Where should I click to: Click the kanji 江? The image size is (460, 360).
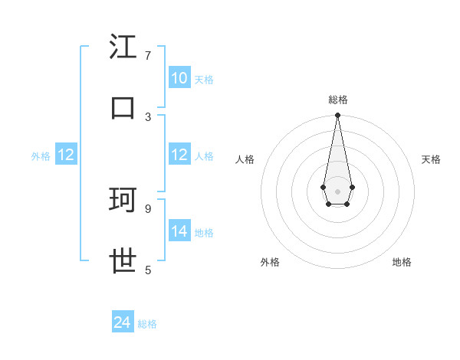(123, 47)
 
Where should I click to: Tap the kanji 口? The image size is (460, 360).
(123, 107)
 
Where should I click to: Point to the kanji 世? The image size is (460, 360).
(123, 261)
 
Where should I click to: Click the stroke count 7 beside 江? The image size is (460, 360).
(148, 56)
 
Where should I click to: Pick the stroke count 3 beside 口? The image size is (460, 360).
(148, 116)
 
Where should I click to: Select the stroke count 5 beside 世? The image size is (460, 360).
(148, 270)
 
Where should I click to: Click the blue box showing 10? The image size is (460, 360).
(179, 78)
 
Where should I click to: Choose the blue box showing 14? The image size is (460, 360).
(179, 231)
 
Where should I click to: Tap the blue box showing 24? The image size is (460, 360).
(123, 323)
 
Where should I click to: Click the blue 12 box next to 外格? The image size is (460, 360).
(66, 155)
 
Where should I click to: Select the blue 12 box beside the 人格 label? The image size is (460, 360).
(179, 155)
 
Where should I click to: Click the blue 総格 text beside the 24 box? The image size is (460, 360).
(147, 324)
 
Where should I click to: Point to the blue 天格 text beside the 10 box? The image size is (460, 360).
(204, 79)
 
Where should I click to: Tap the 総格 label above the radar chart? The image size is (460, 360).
(337, 100)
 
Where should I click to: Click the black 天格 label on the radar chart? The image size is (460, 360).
(431, 159)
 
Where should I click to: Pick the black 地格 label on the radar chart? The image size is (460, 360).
(402, 262)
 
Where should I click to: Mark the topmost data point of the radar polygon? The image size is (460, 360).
(337, 116)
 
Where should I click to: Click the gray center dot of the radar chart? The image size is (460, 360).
(337, 191)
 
